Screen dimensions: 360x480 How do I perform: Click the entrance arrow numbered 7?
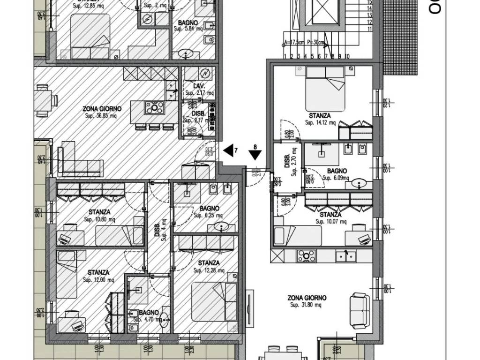point(228,150)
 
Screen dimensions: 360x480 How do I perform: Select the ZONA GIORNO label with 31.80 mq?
point(307,297)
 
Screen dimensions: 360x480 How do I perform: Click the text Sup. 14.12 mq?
point(320,123)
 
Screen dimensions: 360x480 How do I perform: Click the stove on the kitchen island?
point(153,107)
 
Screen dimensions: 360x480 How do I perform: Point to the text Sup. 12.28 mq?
point(209,270)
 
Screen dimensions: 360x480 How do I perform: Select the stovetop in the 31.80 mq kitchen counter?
point(307,256)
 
